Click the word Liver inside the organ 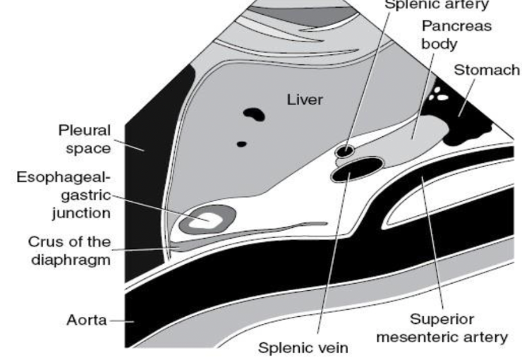305,100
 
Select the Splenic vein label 303,348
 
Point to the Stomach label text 487,70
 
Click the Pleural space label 85,139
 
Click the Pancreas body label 447,35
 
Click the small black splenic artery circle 345,150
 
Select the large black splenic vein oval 358,169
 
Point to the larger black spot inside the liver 253,114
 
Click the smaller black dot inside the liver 241,143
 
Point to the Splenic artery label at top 435,4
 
